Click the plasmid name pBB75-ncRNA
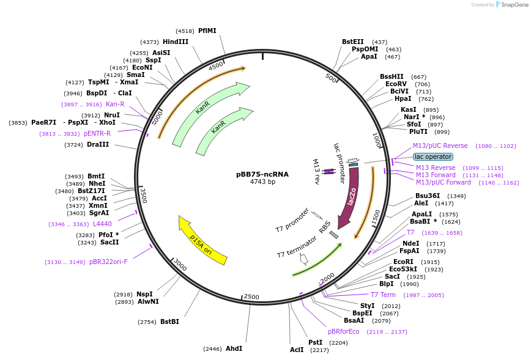point(262,174)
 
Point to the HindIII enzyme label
point(176,42)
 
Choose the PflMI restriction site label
point(207,31)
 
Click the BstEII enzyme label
point(353,42)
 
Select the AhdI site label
point(234,348)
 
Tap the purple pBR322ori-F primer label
point(108,262)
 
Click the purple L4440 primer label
point(102,224)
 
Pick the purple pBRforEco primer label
point(344,331)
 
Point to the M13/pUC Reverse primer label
point(440,145)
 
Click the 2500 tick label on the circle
point(251,296)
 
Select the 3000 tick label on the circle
point(180,264)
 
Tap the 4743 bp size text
point(262,182)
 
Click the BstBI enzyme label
point(169,321)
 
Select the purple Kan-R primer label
point(115,104)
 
